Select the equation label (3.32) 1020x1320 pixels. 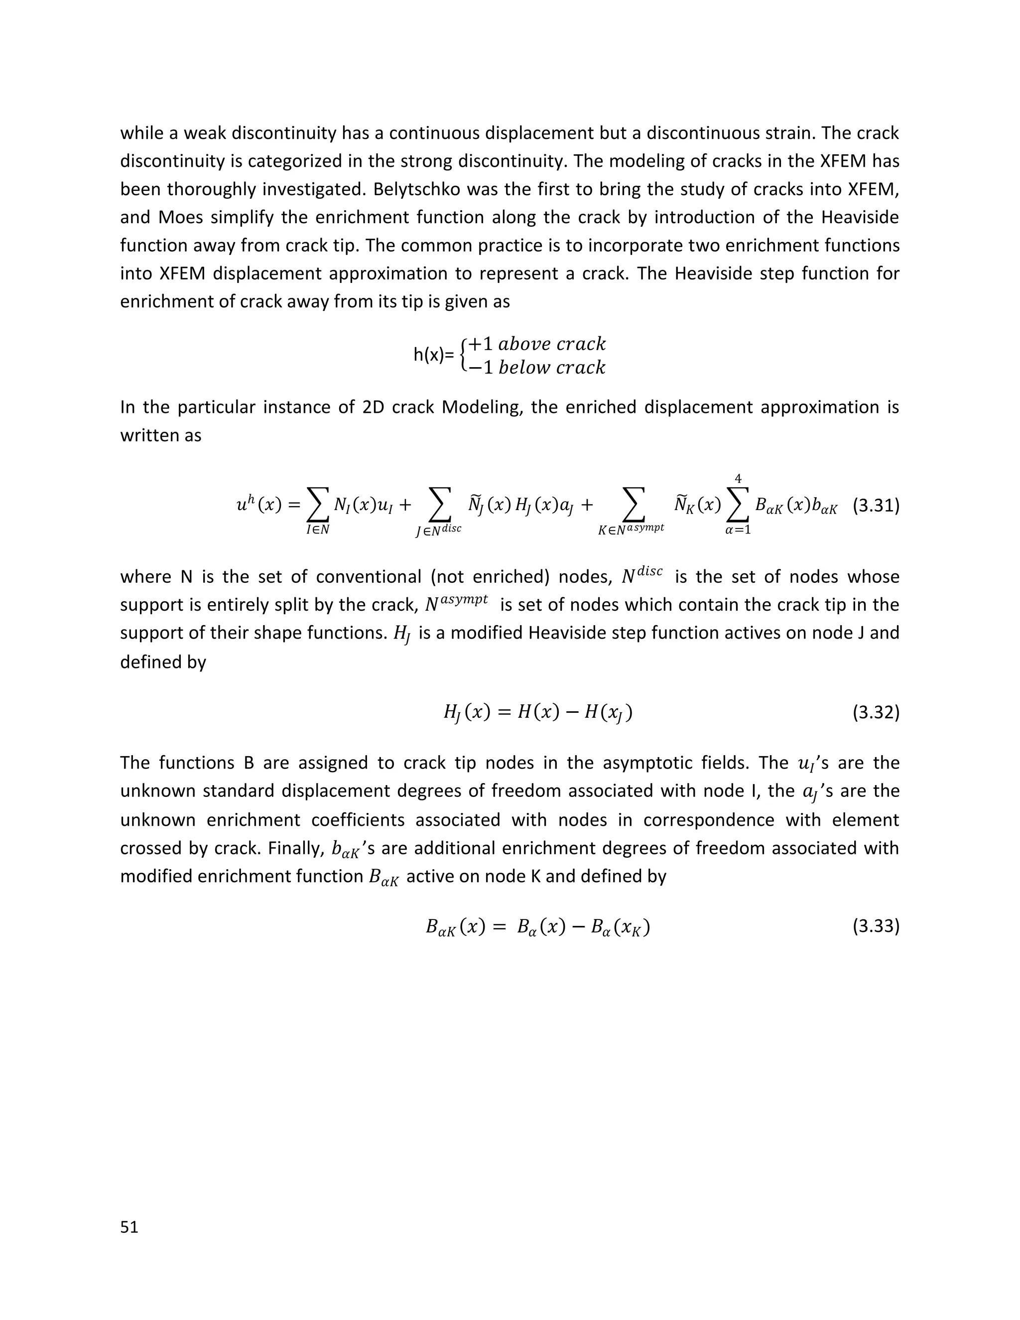[x=876, y=713]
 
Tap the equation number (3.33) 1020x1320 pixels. [x=876, y=926]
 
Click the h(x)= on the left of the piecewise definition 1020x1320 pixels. [x=433, y=355]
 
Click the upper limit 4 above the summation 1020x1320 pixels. [x=738, y=479]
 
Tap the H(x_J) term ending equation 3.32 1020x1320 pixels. [x=606, y=714]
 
